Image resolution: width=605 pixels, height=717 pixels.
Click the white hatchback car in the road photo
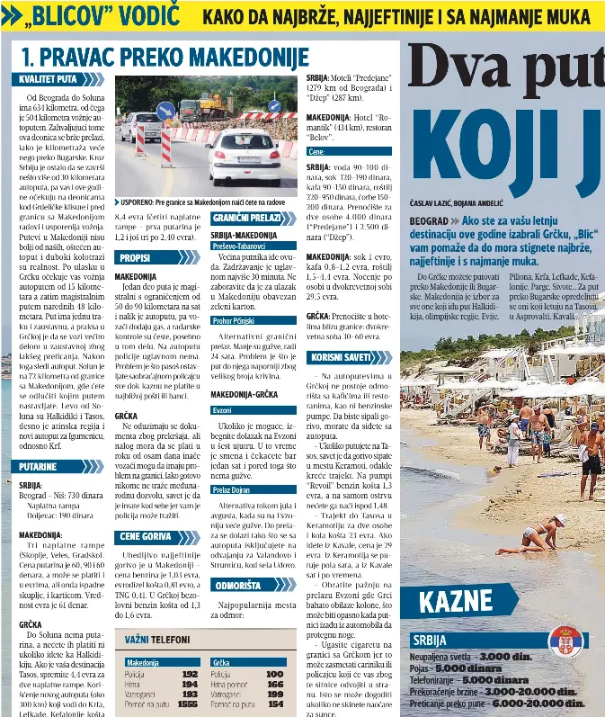pos(242,154)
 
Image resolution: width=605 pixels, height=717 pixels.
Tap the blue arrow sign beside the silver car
pos(165,112)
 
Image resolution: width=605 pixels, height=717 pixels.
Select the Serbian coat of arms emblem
pos(565,642)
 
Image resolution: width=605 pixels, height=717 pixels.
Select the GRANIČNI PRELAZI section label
pos(242,219)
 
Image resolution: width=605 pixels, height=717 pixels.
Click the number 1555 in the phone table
pos(188,704)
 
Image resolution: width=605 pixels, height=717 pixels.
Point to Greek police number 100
pos(274,674)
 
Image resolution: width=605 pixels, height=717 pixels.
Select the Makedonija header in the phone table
pos(143,662)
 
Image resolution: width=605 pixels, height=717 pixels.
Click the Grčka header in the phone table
pos(222,662)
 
